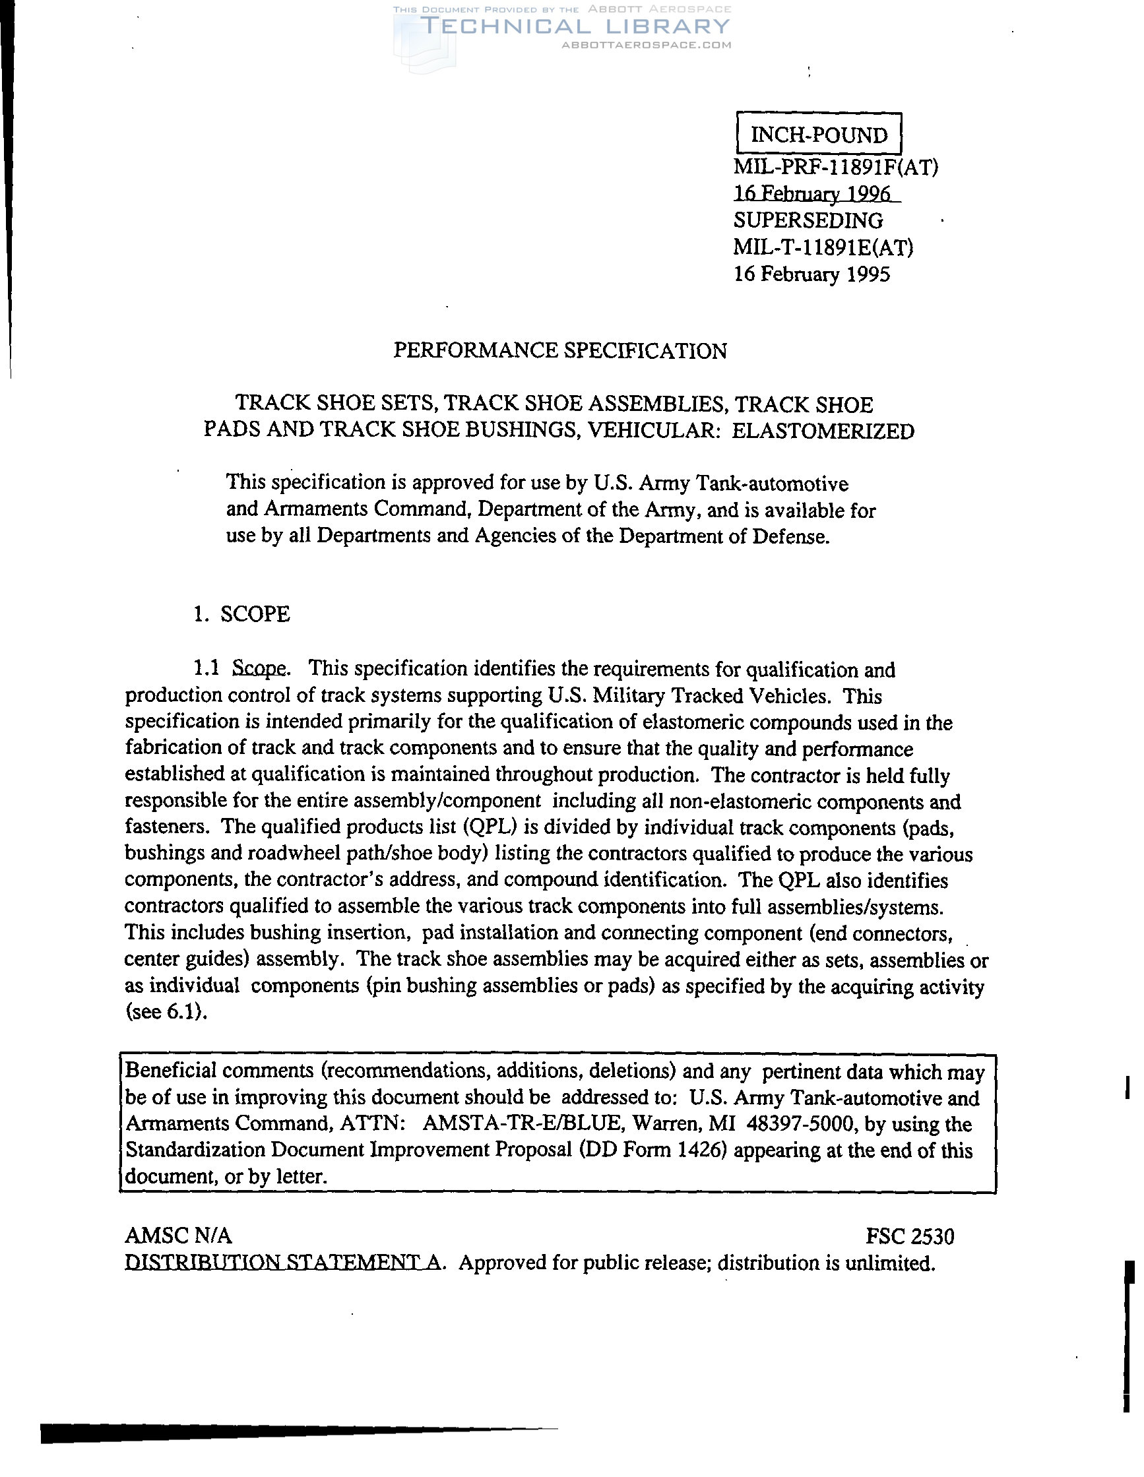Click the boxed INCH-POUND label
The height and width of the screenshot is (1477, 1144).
click(819, 135)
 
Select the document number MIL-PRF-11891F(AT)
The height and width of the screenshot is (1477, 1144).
click(835, 166)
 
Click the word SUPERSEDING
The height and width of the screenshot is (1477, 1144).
click(808, 220)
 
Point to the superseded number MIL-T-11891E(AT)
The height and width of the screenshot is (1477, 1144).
click(823, 247)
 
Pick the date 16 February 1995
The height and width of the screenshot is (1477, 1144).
click(812, 274)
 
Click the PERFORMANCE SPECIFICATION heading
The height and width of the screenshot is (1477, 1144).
click(560, 350)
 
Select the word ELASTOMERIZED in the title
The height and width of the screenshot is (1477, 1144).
click(823, 431)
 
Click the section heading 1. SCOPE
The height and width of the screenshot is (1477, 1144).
click(241, 614)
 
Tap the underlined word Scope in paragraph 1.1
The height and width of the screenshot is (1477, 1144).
click(259, 669)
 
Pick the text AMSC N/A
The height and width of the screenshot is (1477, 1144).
click(179, 1236)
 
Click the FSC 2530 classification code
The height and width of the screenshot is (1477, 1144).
click(910, 1237)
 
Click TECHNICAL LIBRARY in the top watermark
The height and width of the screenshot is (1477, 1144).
click(575, 26)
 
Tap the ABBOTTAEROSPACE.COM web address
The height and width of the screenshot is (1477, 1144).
click(647, 46)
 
